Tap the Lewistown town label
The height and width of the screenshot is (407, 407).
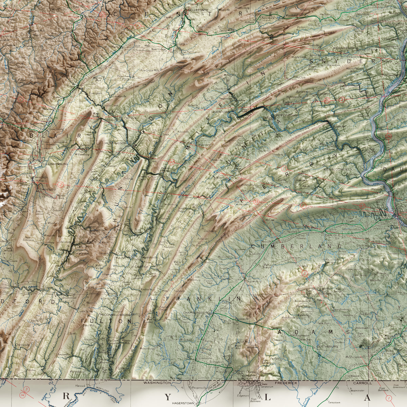(221, 111)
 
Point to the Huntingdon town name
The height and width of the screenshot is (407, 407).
(115, 143)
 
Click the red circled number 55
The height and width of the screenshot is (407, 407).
(256, 202)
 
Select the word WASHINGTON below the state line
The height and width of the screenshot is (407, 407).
(157, 383)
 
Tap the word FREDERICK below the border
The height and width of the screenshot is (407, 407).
(286, 383)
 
